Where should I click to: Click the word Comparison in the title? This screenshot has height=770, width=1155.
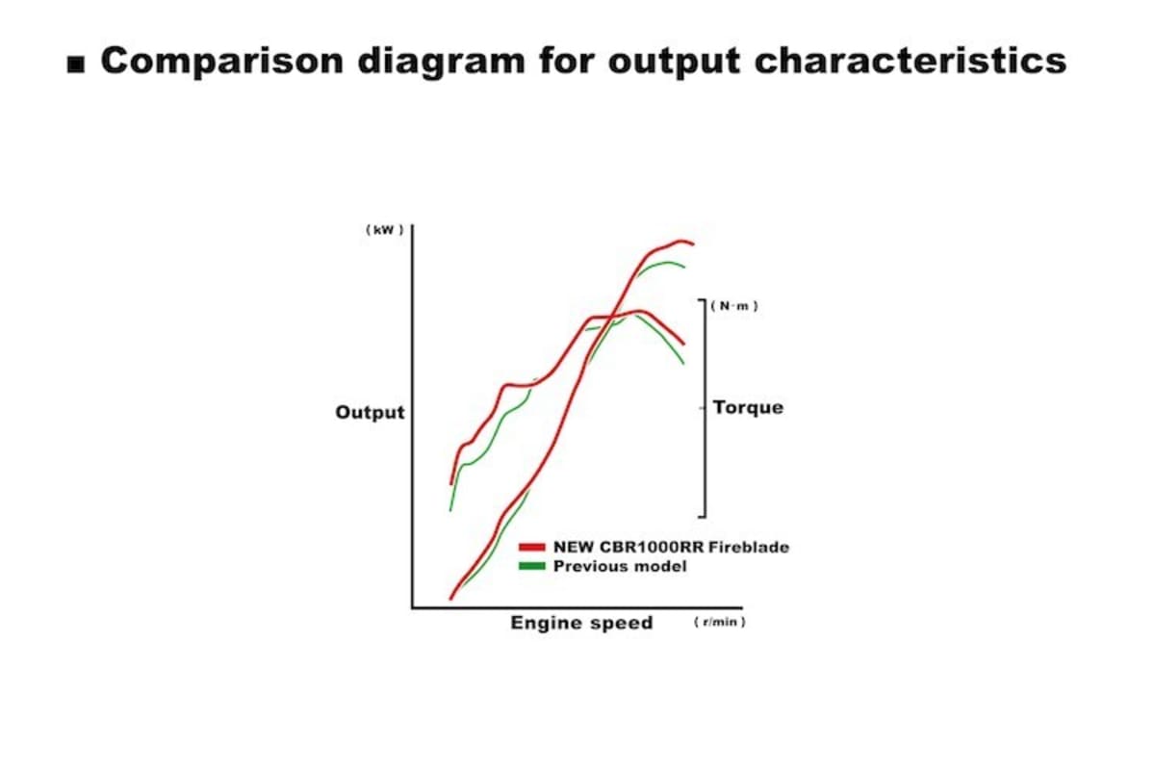click(x=222, y=61)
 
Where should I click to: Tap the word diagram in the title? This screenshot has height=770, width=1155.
click(x=441, y=62)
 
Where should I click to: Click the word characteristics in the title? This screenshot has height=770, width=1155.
click(x=911, y=61)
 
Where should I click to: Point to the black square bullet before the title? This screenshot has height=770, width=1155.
click(x=76, y=65)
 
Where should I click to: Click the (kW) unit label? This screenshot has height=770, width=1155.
click(x=385, y=230)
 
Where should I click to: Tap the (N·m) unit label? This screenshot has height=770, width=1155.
click(x=734, y=306)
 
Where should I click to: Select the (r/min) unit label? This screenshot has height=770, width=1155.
click(x=719, y=622)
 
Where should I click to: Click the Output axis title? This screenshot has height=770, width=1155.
click(x=370, y=413)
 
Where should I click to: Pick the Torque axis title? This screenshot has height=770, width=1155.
click(x=748, y=408)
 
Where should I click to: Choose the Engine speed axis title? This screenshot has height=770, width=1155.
click(x=581, y=623)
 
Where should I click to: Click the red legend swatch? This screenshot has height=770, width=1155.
click(x=531, y=548)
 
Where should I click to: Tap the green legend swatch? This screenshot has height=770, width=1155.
click(x=531, y=566)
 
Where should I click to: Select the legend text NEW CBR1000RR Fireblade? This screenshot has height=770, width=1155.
click(x=672, y=548)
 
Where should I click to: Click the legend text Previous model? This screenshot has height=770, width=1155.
click(x=620, y=566)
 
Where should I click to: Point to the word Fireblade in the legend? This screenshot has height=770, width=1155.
click(x=749, y=548)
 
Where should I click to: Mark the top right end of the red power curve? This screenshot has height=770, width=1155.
click(x=693, y=244)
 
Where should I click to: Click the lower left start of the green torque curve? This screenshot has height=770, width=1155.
click(x=450, y=510)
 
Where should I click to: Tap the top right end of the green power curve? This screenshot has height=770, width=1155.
click(x=684, y=267)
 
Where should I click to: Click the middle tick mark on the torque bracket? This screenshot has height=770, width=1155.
click(x=702, y=408)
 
